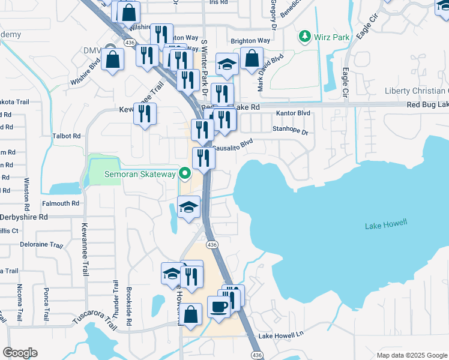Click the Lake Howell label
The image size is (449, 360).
tap(386, 224)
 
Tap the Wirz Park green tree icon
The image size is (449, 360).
tap(304, 37)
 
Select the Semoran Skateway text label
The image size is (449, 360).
tap(140, 175)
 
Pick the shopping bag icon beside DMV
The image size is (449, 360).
tap(112, 59)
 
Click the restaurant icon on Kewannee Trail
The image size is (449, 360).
tap(145, 114)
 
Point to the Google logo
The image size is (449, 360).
tap(20, 353)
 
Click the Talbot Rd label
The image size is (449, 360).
tap(67, 136)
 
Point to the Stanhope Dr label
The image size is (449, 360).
tap(290, 130)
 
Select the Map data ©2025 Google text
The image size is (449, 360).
tap(412, 355)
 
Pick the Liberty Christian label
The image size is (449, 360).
tap(417, 91)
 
